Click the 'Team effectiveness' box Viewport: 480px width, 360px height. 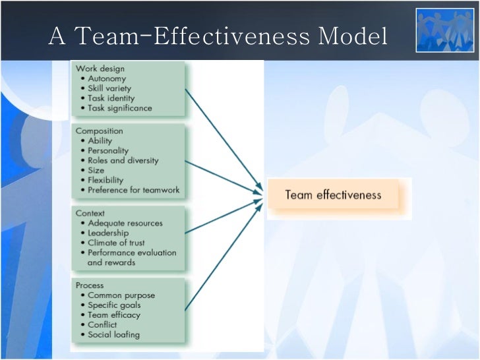pos(333,195)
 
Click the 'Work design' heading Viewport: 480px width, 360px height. pos(100,69)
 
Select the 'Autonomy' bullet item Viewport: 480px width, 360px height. pos(107,78)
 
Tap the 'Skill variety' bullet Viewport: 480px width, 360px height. pos(109,88)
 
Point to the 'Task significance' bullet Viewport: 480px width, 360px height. pos(119,108)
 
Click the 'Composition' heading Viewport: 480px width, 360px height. pos(99,131)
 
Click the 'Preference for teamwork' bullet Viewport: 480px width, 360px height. pos(133,190)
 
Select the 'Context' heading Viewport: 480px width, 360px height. pos(91,213)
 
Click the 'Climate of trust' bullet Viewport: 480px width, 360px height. pos(117,243)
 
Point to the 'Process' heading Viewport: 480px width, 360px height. pos(90,285)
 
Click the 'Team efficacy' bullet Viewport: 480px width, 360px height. pos(114,315)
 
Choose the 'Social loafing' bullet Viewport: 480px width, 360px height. pos(113,335)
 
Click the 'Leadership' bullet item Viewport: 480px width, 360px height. pos(108,233)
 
